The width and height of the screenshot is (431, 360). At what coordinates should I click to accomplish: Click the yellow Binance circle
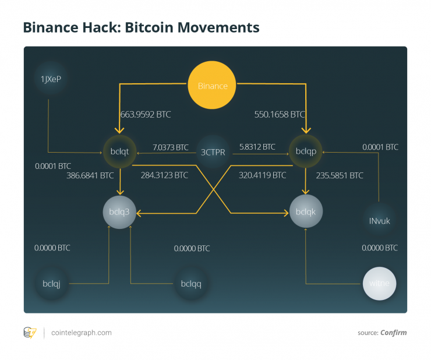pyautogui.click(x=213, y=86)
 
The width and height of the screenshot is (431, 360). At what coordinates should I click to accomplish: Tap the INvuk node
pyautogui.click(x=380, y=221)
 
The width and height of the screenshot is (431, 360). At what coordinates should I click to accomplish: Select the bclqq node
pyautogui.click(x=191, y=284)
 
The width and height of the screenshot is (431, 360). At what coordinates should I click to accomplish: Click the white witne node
pyautogui.click(x=383, y=283)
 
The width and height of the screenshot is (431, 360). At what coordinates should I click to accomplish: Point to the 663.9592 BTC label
pyautogui.click(x=145, y=115)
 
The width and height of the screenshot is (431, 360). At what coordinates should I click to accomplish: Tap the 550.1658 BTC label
pyautogui.click(x=280, y=115)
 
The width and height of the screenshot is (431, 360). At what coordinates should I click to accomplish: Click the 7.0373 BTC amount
pyautogui.click(x=171, y=147)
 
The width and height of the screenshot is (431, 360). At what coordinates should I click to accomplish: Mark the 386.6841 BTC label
pyautogui.click(x=90, y=175)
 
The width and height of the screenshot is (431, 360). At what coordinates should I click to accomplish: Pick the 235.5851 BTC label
pyautogui.click(x=340, y=175)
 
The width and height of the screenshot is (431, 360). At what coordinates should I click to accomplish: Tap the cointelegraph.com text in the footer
pyautogui.click(x=82, y=333)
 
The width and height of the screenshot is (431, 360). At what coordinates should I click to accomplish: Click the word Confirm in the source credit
pyautogui.click(x=394, y=333)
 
